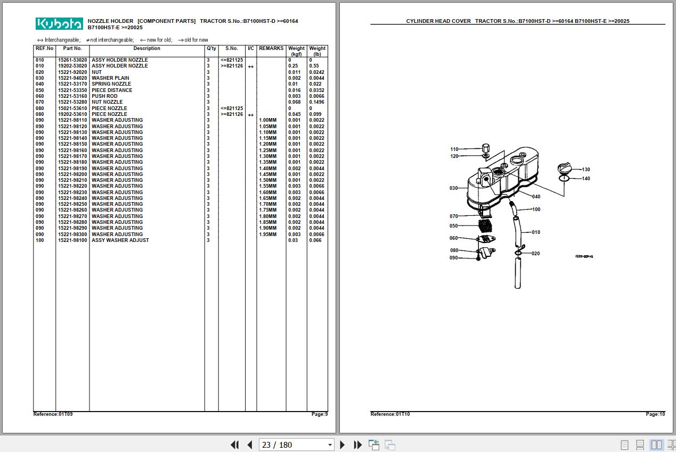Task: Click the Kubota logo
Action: click(59, 24)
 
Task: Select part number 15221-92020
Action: click(72, 72)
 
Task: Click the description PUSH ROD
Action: click(104, 96)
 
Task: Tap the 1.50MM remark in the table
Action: click(268, 180)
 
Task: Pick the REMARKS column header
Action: click(271, 48)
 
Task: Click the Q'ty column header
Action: click(211, 48)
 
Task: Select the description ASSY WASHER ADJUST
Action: click(120, 240)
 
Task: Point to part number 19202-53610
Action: click(72, 114)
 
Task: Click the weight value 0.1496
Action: click(316, 102)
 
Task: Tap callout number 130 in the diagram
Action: click(586, 170)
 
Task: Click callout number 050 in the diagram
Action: click(453, 225)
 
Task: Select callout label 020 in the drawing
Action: click(536, 254)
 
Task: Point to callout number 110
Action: click(454, 149)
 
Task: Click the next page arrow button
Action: click(342, 445)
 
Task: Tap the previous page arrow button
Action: click(250, 445)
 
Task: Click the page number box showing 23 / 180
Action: click(296, 445)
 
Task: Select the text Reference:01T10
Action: click(390, 414)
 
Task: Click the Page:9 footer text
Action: click(320, 414)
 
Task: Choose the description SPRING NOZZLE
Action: click(111, 84)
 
